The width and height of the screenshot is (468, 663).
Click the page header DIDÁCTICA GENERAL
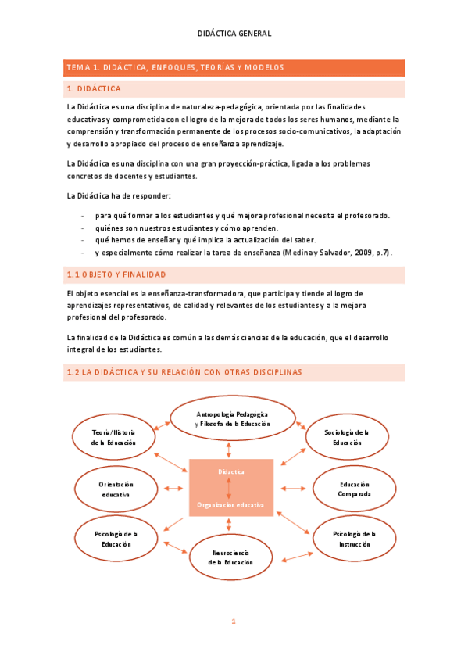point(234,34)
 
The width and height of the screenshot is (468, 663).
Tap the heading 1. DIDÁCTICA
point(95,88)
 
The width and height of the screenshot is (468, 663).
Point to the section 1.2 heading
point(184,372)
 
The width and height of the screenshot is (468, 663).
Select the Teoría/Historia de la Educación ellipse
point(113,437)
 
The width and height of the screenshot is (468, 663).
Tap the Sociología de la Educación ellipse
point(347,437)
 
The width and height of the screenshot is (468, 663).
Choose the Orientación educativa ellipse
point(116,489)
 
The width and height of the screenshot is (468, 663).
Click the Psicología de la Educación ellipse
point(116,539)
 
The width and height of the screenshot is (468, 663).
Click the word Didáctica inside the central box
point(230,472)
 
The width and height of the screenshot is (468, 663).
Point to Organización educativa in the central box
point(230,504)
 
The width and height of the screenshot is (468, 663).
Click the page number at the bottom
point(233,622)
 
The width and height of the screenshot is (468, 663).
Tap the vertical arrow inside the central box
point(228,488)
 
